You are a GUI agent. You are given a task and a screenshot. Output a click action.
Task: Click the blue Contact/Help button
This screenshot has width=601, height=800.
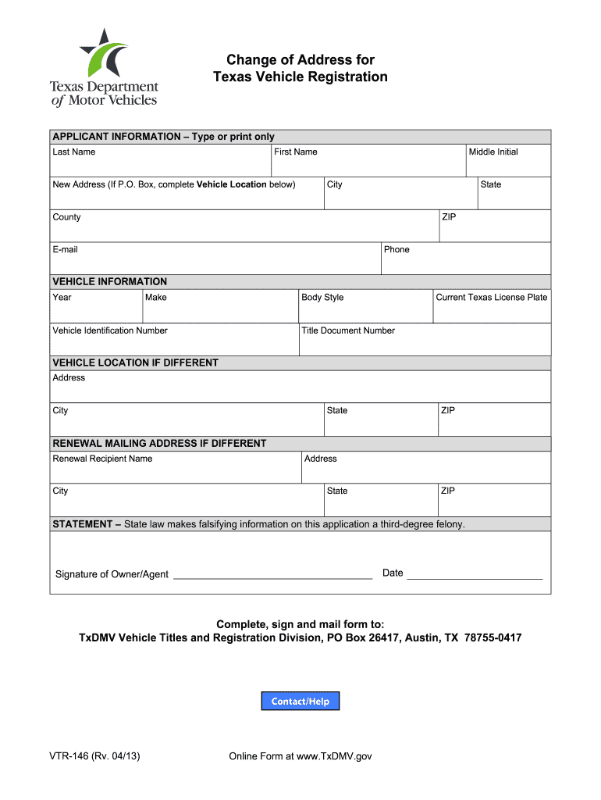(x=300, y=702)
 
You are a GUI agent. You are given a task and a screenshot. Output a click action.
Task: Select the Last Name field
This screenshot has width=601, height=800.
(x=160, y=165)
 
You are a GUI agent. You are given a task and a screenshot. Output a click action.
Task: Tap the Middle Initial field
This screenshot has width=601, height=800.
(x=508, y=165)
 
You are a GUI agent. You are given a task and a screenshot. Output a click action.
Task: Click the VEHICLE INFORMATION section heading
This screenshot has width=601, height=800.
(x=110, y=281)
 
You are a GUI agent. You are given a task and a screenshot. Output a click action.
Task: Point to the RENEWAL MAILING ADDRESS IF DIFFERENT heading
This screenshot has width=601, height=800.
(x=159, y=443)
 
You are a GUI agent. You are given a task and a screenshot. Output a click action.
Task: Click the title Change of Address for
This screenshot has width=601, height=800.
(x=300, y=60)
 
